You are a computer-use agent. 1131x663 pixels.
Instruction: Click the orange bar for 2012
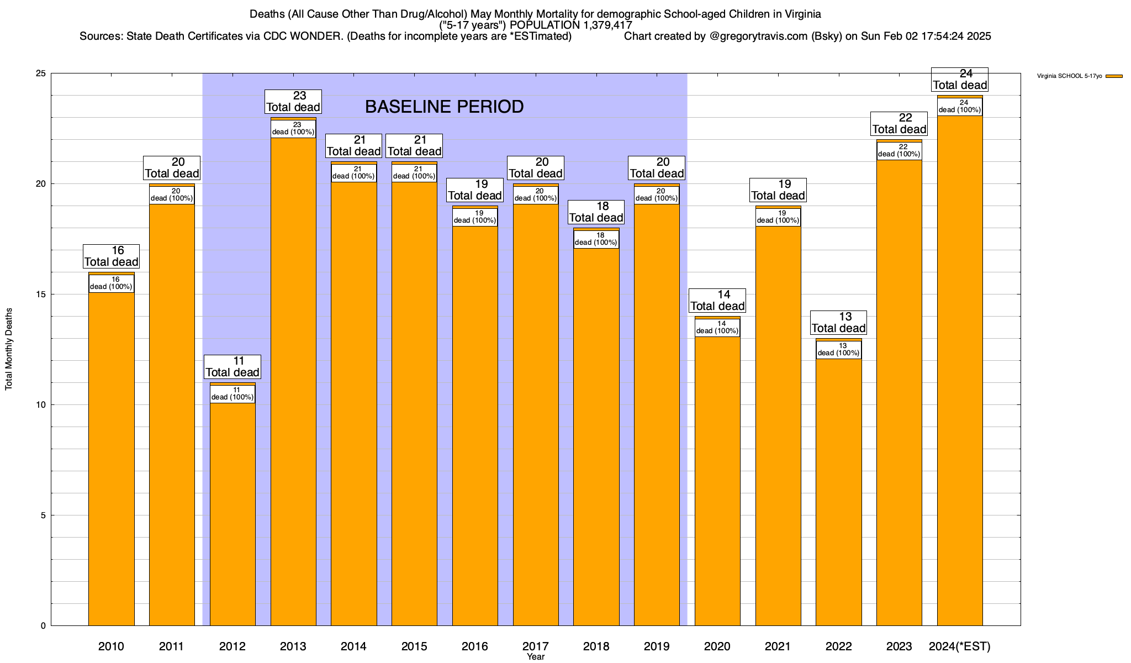(x=232, y=514)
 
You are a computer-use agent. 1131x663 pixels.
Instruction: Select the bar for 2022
(x=838, y=492)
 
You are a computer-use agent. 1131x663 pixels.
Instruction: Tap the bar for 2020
(x=717, y=481)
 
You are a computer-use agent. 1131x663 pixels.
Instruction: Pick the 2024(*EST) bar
(x=960, y=370)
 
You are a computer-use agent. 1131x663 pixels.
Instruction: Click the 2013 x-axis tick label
(x=293, y=646)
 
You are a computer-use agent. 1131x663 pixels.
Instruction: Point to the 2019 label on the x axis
(x=657, y=646)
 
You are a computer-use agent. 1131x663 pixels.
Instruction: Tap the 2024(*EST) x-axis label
(x=960, y=646)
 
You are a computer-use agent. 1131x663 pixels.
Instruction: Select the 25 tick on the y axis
(x=41, y=73)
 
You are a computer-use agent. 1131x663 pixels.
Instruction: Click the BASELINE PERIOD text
(x=445, y=107)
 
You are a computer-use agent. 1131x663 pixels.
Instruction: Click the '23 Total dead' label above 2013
(x=293, y=102)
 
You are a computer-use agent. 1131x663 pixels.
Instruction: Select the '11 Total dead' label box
(x=232, y=367)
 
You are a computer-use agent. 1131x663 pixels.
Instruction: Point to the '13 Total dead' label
(x=838, y=323)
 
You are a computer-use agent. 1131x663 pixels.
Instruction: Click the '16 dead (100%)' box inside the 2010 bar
(x=112, y=283)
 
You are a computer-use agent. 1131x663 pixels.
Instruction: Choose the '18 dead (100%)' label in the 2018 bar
(x=596, y=239)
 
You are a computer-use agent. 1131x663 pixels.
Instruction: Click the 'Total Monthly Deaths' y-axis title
(x=9, y=349)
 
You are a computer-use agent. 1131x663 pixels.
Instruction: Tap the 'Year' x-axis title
(x=536, y=657)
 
